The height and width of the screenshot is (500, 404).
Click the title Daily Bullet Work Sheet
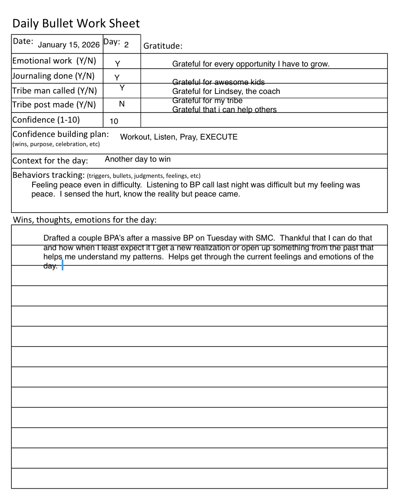tap(76, 23)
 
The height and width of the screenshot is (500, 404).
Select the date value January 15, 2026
tap(69, 45)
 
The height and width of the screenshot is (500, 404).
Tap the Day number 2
tap(126, 45)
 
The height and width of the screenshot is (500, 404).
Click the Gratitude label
tap(163, 46)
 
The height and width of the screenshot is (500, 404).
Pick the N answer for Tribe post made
tap(122, 104)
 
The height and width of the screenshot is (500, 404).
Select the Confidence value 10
tap(114, 121)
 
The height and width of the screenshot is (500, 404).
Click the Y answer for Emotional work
tap(117, 64)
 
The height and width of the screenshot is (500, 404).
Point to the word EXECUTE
tap(219, 137)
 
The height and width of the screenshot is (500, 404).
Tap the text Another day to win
tap(138, 159)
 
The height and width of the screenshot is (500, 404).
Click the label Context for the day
tap(50, 161)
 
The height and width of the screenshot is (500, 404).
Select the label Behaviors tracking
tap(48, 175)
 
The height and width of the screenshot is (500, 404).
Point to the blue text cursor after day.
tap(63, 265)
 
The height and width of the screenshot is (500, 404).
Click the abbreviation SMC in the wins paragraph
tap(265, 238)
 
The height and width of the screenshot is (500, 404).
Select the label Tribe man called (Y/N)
tap(54, 90)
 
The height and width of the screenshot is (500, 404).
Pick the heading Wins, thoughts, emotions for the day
tap(85, 220)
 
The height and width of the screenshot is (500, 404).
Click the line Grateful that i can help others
tap(224, 110)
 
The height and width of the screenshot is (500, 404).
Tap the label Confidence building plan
tap(60, 134)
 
